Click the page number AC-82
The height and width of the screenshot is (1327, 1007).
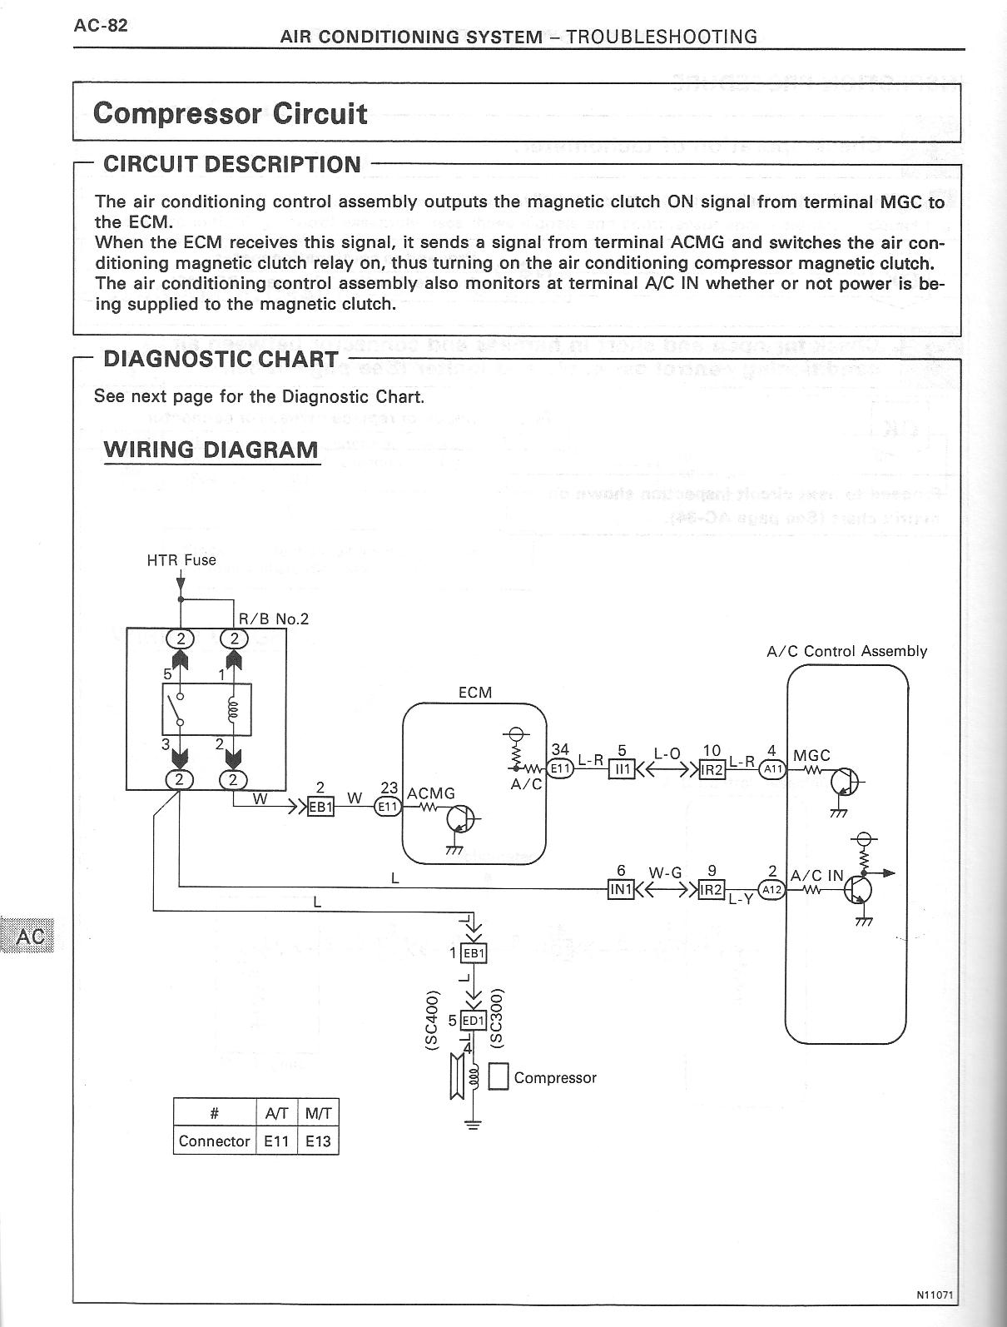click(101, 25)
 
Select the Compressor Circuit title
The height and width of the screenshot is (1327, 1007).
click(230, 113)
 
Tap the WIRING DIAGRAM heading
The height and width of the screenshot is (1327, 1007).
click(211, 450)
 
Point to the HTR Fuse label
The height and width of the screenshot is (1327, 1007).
click(181, 560)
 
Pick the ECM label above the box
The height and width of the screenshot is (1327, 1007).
click(475, 693)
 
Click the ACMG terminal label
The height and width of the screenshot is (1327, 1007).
click(430, 793)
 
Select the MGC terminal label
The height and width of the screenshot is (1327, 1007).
click(811, 755)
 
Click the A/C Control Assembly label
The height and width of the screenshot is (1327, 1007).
click(846, 651)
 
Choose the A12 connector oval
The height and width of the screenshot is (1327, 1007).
click(772, 889)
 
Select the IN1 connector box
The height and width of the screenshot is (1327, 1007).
click(622, 890)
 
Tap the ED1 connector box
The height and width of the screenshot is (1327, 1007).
click(472, 1021)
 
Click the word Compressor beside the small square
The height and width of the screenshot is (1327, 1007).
click(555, 1078)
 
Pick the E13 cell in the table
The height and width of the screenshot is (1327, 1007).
click(318, 1141)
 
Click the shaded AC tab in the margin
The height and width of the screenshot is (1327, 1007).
click(30, 937)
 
